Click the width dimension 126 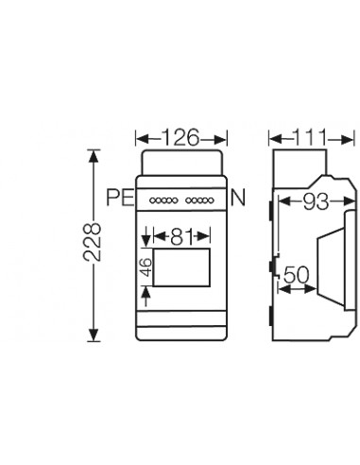click(x=180, y=138)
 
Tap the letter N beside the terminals click(x=238, y=199)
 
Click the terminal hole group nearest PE click(x=163, y=200)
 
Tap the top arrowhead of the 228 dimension click(x=93, y=153)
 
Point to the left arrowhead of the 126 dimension click(x=139, y=138)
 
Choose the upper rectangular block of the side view click(x=297, y=166)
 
